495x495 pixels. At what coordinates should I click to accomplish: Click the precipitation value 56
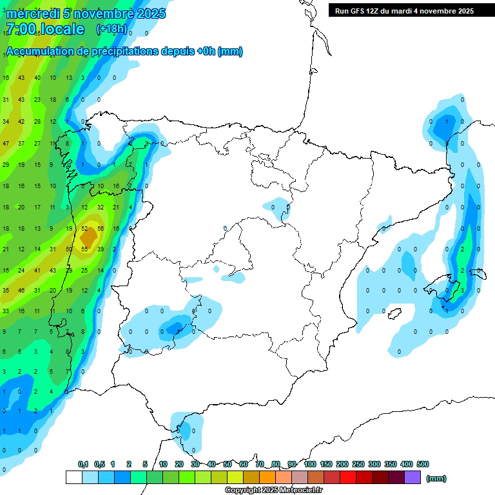[x=101, y=229]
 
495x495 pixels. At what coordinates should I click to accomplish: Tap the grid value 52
[x=84, y=229]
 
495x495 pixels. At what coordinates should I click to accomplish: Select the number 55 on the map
[x=84, y=249]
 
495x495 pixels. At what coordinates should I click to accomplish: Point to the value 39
[x=101, y=249]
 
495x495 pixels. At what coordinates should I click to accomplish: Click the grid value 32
[x=101, y=208]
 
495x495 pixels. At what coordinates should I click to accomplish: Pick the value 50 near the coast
[x=69, y=249]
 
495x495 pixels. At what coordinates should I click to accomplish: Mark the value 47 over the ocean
[x=6, y=144]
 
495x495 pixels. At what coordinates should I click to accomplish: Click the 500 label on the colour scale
[x=423, y=464]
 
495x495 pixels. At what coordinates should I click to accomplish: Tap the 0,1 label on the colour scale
[x=83, y=464]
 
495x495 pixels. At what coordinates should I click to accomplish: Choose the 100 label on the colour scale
[x=310, y=464]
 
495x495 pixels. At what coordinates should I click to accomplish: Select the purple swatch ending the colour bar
[x=412, y=477]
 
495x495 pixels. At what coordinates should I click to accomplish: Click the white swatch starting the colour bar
[x=73, y=477]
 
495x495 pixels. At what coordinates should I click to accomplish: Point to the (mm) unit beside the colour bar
[x=436, y=478]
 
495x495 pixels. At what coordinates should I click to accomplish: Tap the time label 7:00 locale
[x=44, y=29]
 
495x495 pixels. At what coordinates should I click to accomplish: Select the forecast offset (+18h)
[x=112, y=29]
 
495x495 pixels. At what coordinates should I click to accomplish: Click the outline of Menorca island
[x=477, y=273]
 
